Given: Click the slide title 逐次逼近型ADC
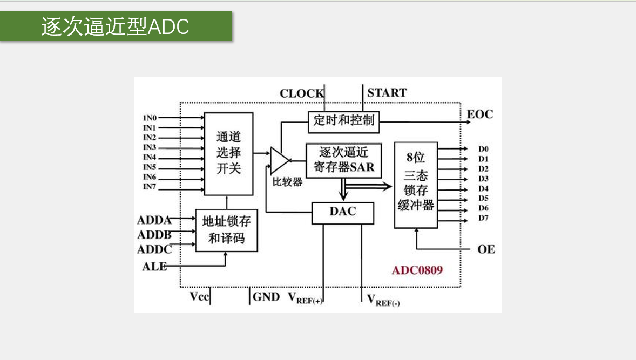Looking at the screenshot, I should click(116, 26).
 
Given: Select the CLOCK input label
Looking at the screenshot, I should click(301, 93).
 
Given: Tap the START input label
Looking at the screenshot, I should click(387, 93).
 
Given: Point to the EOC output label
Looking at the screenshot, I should click(479, 114).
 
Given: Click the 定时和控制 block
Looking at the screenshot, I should click(344, 121).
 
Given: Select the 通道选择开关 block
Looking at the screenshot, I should click(228, 153).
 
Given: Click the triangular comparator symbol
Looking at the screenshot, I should click(279, 159).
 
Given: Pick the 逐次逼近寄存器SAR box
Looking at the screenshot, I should click(344, 160).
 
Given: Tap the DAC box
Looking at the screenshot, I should click(343, 212).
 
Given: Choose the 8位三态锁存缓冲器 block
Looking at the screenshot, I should click(416, 185).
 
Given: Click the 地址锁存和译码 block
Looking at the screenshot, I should click(226, 230).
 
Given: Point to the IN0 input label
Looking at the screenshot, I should click(150, 118).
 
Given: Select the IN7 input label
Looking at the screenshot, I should click(150, 187).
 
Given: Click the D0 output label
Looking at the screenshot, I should click(483, 149).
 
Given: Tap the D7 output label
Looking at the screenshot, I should click(483, 218).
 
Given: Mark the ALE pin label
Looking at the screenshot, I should click(154, 266).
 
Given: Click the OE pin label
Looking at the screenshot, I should click(486, 249).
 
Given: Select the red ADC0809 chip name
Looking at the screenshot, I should click(417, 270).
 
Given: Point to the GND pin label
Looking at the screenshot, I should click(266, 297).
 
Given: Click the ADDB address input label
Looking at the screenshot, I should click(154, 235).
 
